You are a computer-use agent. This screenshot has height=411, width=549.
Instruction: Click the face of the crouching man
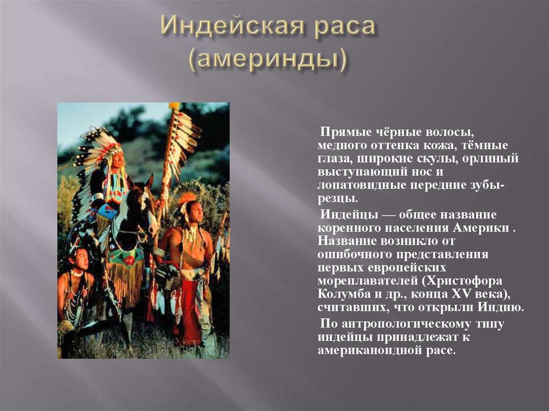click(80, 259)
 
